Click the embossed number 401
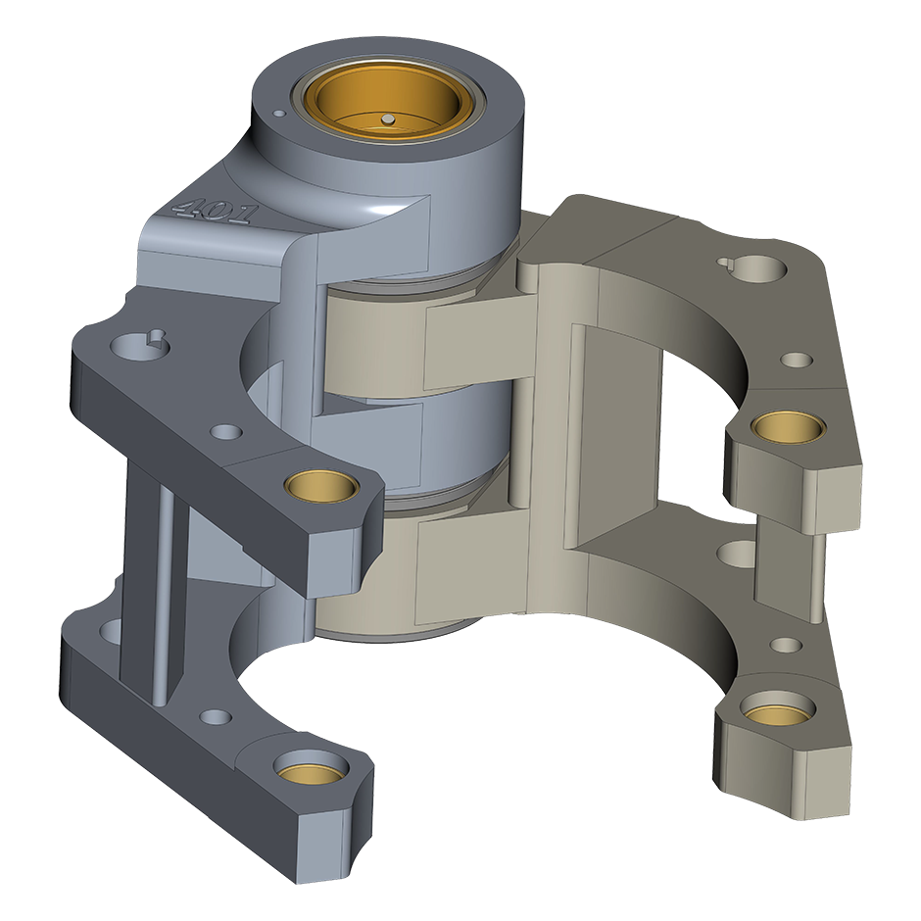(x=214, y=211)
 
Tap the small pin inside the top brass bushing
(x=388, y=120)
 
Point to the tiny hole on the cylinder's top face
(x=280, y=113)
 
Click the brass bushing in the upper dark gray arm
(x=322, y=485)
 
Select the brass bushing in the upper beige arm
(x=789, y=426)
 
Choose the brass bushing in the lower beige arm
(x=778, y=707)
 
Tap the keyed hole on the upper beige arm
(x=757, y=267)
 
